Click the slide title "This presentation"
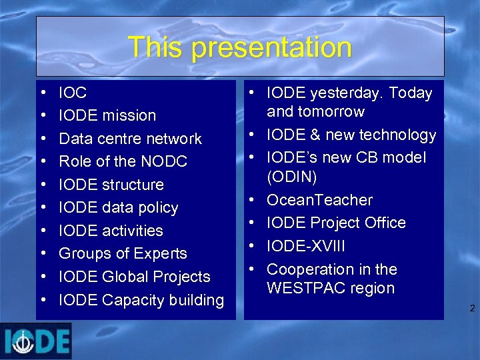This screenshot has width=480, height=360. pyautogui.click(x=239, y=47)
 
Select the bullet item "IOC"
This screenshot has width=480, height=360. pyautogui.click(x=73, y=93)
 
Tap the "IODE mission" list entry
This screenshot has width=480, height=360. pyautogui.click(x=107, y=115)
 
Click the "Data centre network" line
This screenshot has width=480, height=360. pyautogui.click(x=130, y=139)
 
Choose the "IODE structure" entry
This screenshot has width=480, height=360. pyautogui.click(x=111, y=185)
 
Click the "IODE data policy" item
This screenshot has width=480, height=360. pyautogui.click(x=119, y=207)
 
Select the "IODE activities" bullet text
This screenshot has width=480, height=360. pyautogui.click(x=111, y=231)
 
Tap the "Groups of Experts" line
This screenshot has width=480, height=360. pyautogui.click(x=123, y=253)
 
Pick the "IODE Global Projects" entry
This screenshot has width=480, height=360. pyautogui.click(x=135, y=277)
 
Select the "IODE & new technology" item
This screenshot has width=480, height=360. pyautogui.click(x=351, y=135)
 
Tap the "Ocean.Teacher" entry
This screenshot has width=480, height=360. pyautogui.click(x=319, y=200)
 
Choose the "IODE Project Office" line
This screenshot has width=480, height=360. pyautogui.click(x=336, y=223)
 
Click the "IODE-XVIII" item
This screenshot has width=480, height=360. pyautogui.click(x=306, y=246)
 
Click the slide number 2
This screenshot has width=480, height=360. pyautogui.click(x=472, y=309)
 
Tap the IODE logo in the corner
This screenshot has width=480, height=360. pyautogui.click(x=36, y=341)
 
